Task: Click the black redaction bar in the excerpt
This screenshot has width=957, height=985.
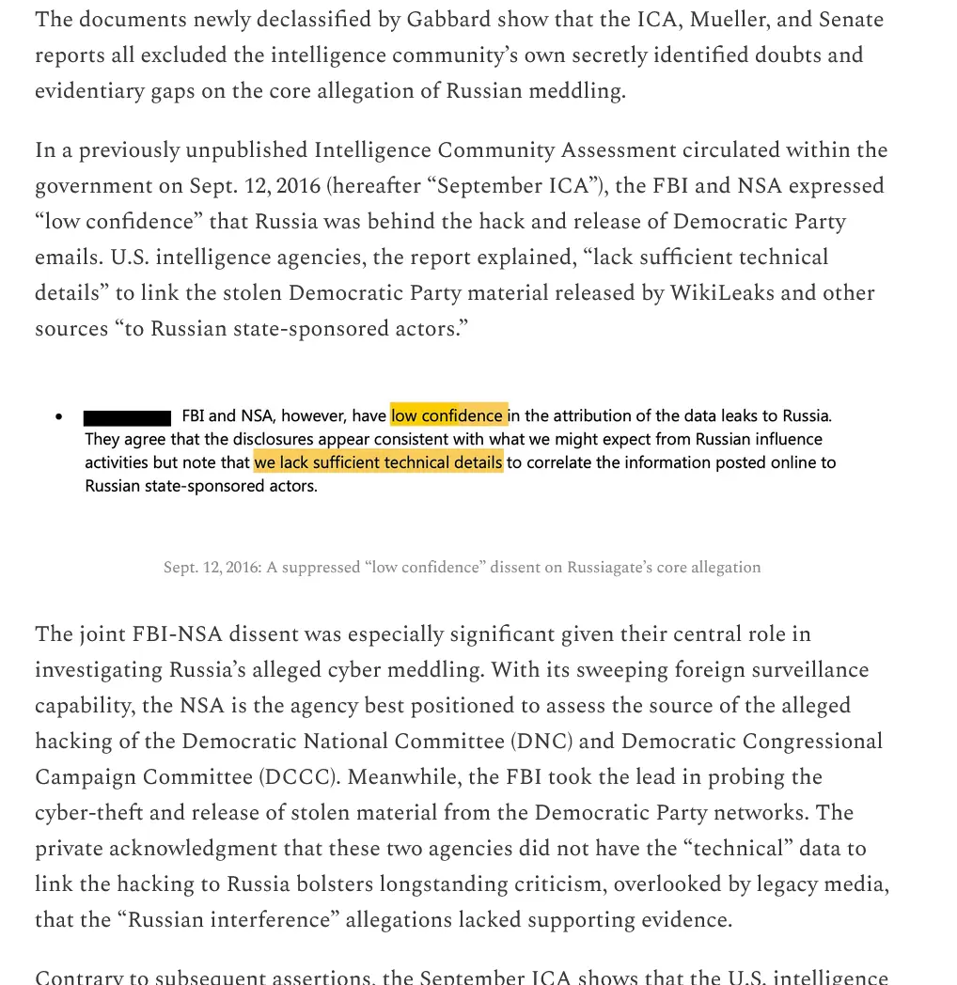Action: pyautogui.click(x=127, y=416)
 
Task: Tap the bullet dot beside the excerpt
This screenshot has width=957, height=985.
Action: pyautogui.click(x=59, y=416)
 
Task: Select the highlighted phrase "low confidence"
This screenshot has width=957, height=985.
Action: pyautogui.click(x=448, y=415)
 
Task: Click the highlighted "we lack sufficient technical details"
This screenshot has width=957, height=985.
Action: pyautogui.click(x=378, y=462)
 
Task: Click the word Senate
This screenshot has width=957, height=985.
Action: pyautogui.click(x=851, y=20)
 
